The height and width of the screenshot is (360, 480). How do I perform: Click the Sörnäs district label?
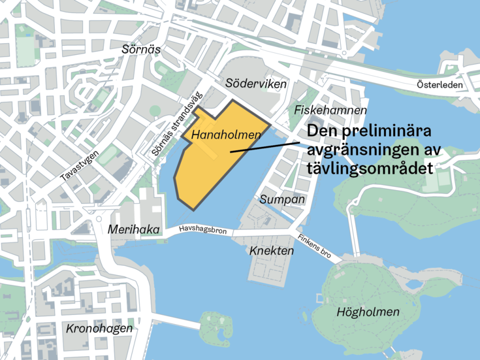point(141,49)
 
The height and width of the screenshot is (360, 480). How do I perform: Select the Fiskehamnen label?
point(330,110)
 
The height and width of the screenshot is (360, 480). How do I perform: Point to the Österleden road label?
point(440,85)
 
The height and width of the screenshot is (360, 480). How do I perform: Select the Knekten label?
point(268,250)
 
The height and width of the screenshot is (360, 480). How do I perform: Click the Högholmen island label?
point(368,312)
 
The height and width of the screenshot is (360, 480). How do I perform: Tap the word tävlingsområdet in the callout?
point(370,168)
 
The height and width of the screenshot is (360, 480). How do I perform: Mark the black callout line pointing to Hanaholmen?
point(268,145)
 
